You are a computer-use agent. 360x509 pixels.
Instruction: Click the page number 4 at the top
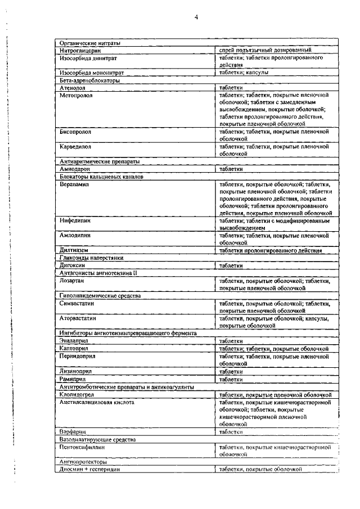coord(196,17)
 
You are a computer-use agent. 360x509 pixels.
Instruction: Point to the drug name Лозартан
coord(73,280)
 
